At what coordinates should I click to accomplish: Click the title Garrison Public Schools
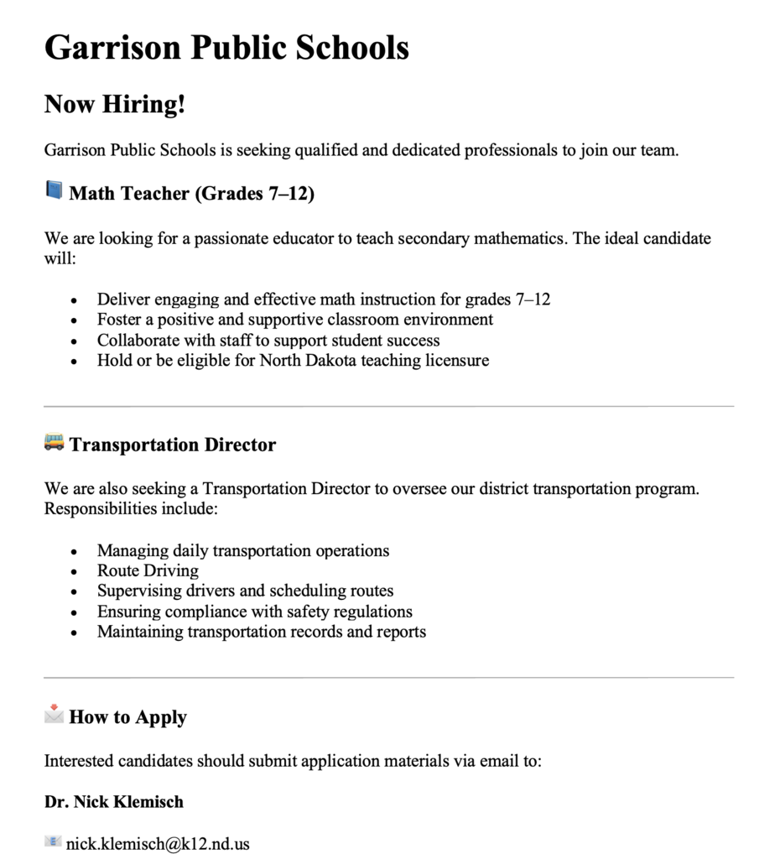pos(226,47)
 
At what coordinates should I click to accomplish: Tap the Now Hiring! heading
pos(114,105)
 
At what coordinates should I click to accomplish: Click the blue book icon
pos(54,191)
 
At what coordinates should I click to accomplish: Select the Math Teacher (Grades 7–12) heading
pos(191,194)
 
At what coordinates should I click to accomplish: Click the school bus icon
pos(54,442)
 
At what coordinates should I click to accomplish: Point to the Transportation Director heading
pos(172,445)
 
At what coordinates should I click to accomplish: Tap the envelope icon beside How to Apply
pos(54,715)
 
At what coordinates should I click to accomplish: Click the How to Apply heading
pos(127,717)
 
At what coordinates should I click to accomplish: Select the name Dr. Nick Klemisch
pos(113,802)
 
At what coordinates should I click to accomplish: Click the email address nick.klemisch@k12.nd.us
pos(158,844)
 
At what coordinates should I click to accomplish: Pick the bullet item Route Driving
pos(148,571)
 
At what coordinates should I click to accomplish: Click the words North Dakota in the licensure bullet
pos(308,361)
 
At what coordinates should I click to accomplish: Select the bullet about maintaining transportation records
pos(261,632)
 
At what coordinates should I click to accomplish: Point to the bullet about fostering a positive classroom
pos(294,320)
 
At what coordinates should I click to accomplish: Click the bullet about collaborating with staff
pos(268,341)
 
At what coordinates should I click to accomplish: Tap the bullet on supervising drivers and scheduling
pos(245,591)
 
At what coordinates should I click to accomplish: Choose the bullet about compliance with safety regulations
pos(254,612)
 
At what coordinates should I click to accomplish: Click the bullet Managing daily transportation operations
pos(242,551)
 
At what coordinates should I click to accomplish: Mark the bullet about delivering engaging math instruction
pos(323,299)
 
